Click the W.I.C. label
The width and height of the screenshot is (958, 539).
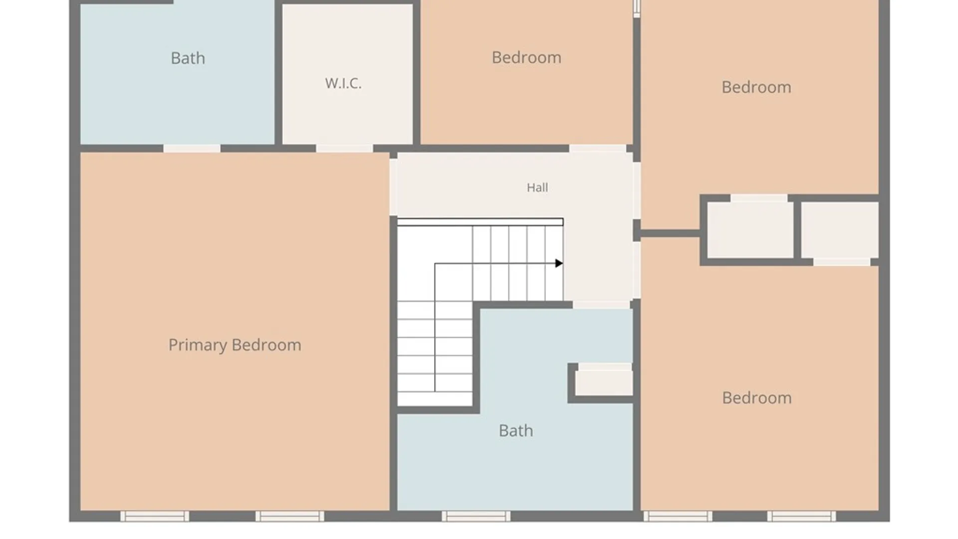pos(343,83)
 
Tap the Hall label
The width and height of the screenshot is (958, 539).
pos(537,188)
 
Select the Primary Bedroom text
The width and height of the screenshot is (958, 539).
pos(235,345)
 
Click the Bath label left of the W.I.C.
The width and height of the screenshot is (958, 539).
pos(188,58)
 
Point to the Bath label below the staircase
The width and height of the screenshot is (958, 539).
pos(516,431)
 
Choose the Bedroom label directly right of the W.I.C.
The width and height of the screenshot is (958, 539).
pos(526,57)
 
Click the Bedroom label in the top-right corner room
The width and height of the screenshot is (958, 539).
pos(756,87)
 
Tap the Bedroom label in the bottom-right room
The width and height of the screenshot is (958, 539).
pos(756,398)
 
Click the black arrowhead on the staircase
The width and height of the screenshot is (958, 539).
pos(559,263)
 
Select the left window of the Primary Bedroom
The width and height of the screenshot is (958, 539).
pos(155,516)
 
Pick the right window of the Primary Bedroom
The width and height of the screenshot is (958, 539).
pos(290,516)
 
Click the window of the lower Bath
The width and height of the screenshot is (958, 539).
pos(476,516)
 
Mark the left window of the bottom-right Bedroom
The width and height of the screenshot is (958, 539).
pos(678,516)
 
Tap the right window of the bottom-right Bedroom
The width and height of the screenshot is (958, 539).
pos(801,516)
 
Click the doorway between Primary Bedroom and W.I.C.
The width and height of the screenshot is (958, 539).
pos(344,149)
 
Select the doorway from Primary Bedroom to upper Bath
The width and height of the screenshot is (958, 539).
pos(192,149)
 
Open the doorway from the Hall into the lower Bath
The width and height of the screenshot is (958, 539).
pos(601,304)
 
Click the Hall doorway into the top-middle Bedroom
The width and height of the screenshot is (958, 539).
pos(598,149)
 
